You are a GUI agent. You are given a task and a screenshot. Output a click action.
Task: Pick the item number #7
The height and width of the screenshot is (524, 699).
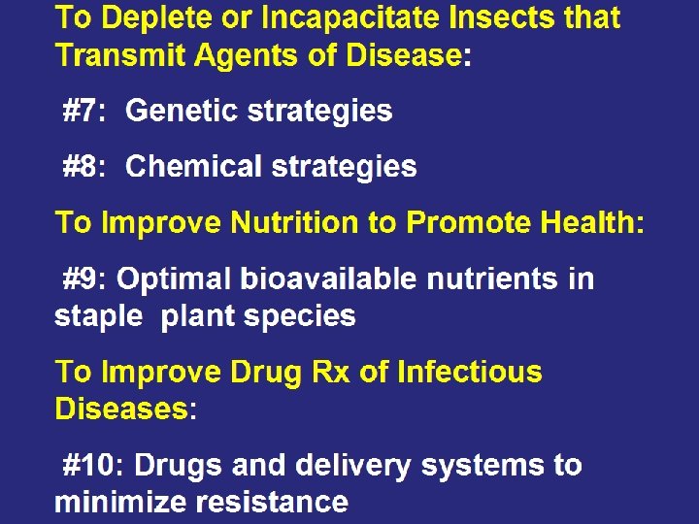[x=83, y=112]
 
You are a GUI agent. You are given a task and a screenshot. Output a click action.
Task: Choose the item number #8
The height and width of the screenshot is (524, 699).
[x=83, y=167]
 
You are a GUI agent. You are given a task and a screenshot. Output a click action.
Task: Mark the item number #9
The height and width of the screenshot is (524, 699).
[x=85, y=279]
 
